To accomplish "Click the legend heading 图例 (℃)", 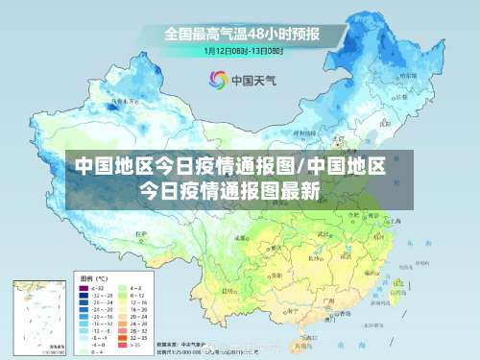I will pyautogui.click(x=90, y=276).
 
